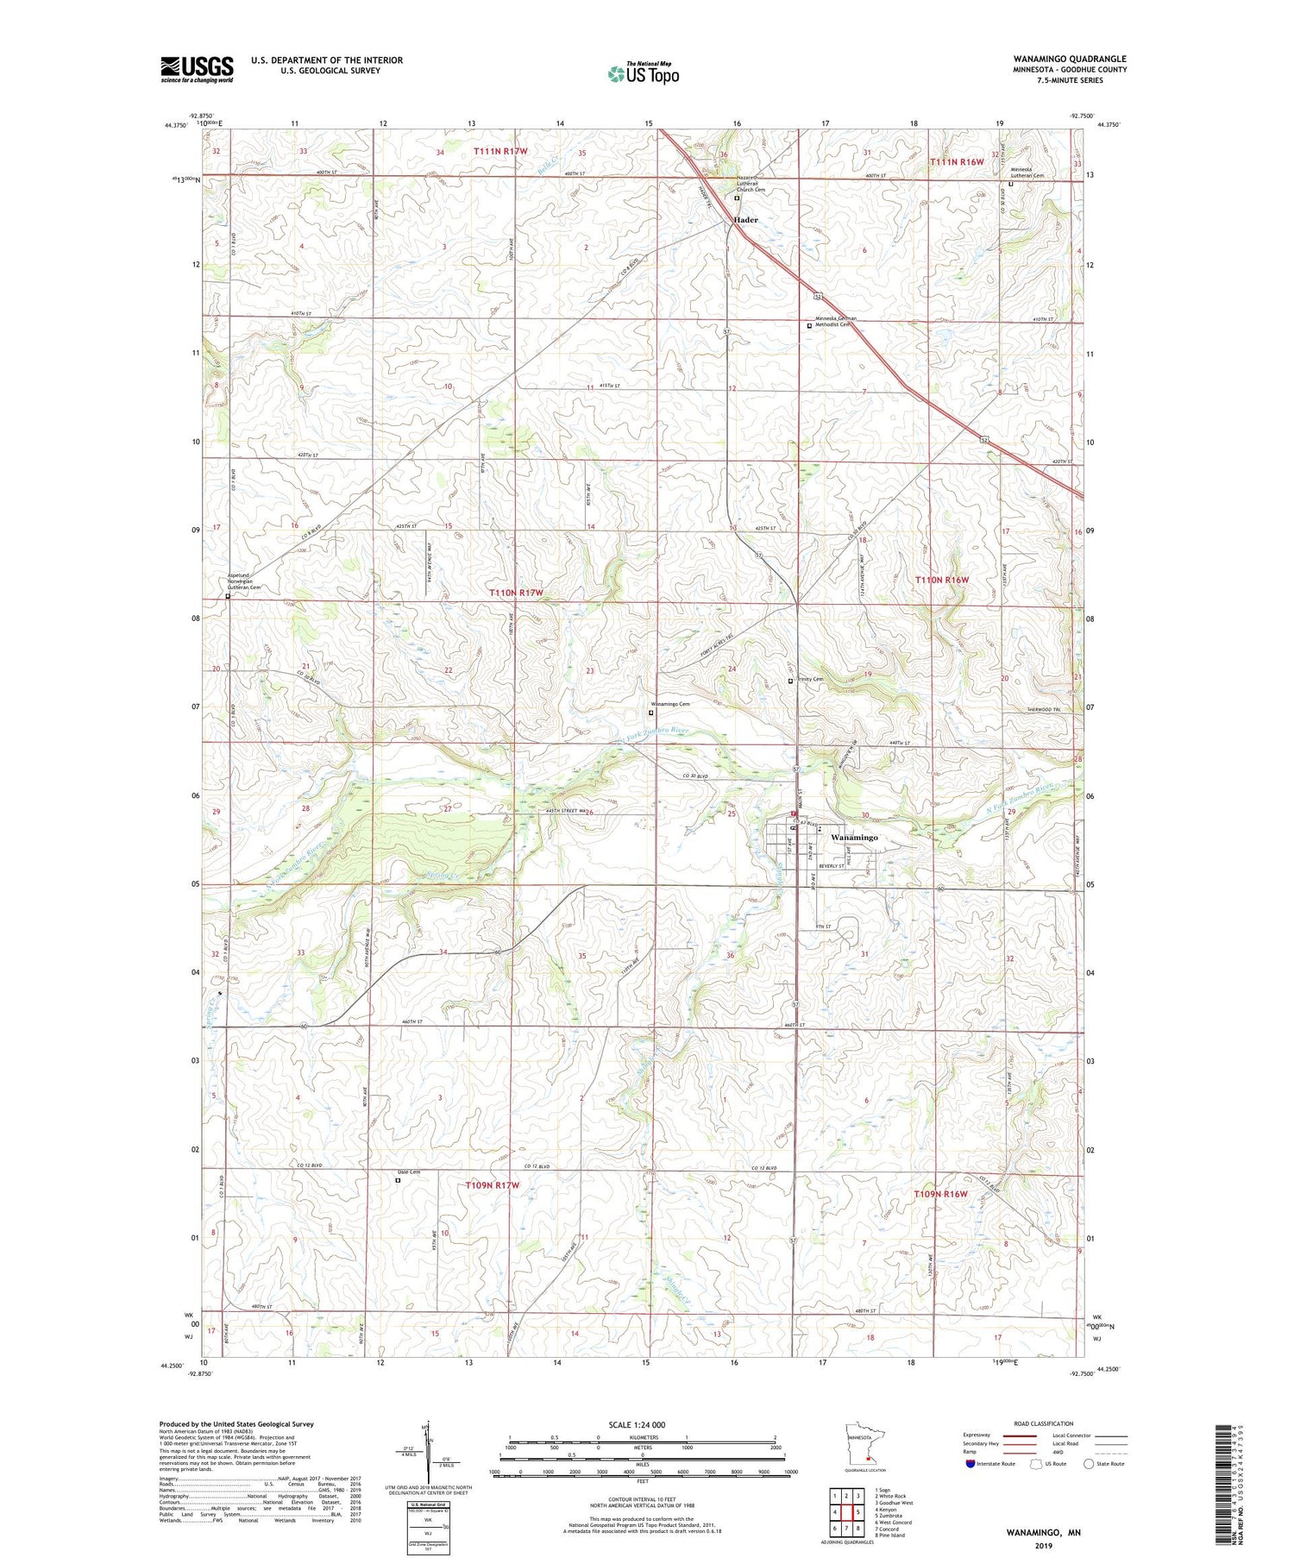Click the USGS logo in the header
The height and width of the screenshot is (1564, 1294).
[197, 69]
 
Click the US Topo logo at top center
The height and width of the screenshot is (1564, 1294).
[643, 73]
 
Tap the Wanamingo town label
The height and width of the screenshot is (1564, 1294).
[854, 837]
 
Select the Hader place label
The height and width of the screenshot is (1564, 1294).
[745, 220]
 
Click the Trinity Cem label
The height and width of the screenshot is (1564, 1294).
[810, 679]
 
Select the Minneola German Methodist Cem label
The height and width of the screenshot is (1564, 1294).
[836, 321]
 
